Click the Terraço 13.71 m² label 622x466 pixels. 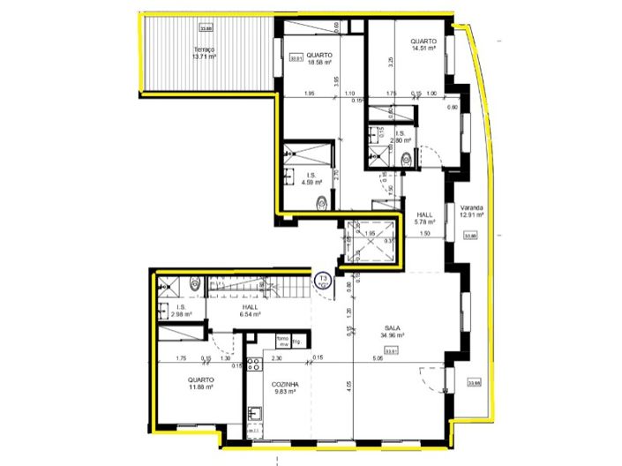coord(205,54)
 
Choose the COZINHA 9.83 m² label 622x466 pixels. coord(285,388)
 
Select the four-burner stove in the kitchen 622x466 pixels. coord(255,370)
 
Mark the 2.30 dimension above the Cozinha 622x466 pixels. coord(276,358)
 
